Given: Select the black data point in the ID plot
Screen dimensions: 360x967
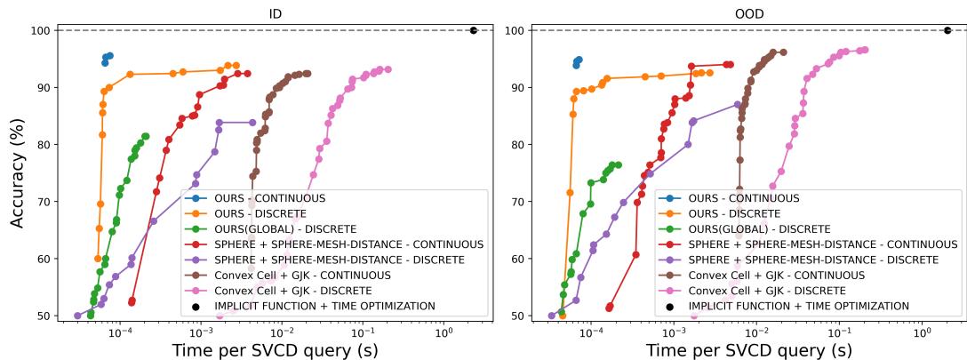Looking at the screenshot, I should tap(474, 30).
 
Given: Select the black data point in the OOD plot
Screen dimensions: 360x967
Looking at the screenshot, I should tap(947, 30).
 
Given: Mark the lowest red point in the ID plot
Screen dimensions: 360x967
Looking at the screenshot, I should tap(132, 302).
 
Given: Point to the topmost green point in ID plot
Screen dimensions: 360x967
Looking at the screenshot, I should tap(146, 136).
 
